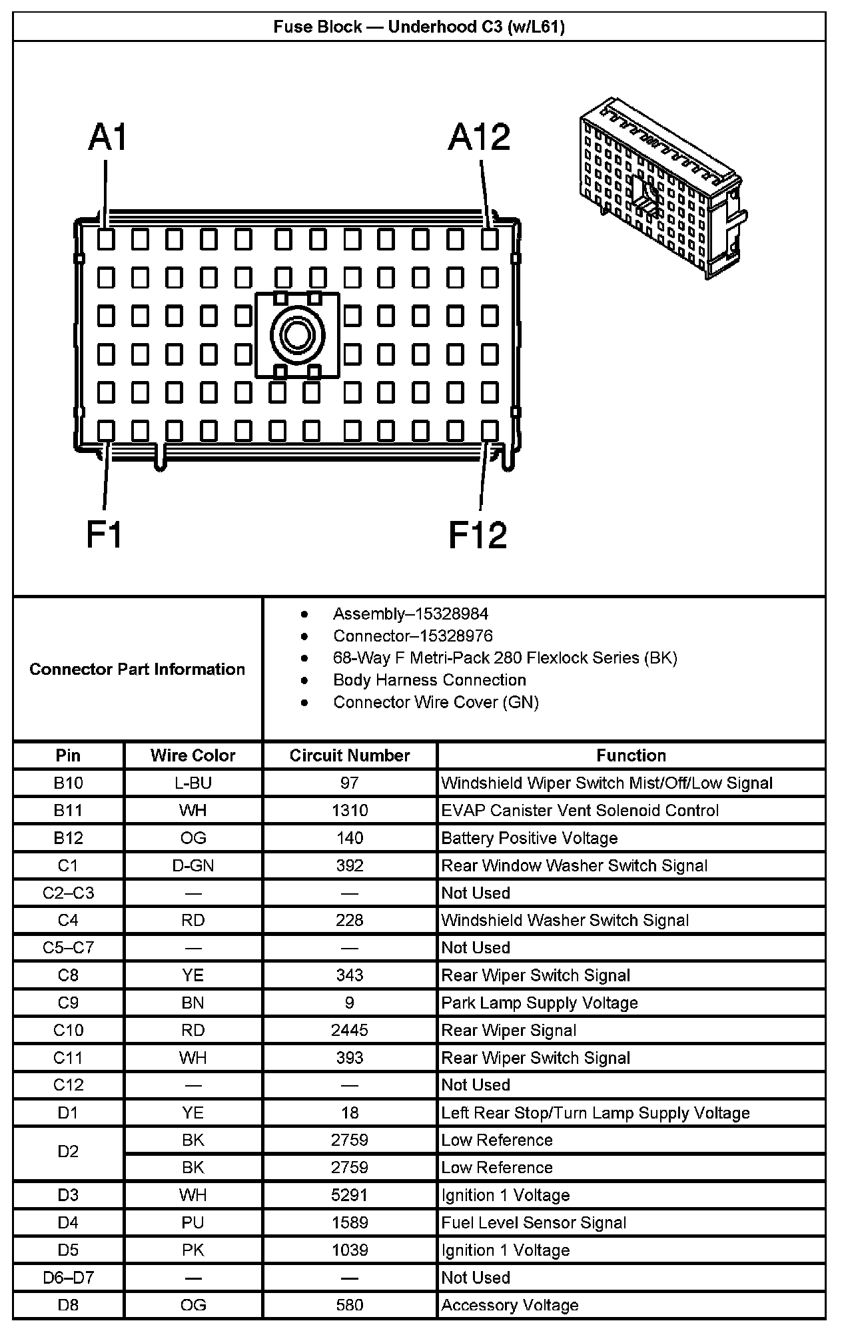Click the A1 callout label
(x=108, y=137)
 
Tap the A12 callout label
(x=479, y=137)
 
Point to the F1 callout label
(x=105, y=534)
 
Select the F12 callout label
(x=478, y=534)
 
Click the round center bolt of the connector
(x=297, y=334)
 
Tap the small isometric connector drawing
(x=662, y=188)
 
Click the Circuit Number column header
(x=350, y=755)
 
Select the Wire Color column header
(x=193, y=755)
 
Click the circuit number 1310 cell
(x=350, y=811)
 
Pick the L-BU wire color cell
(x=193, y=783)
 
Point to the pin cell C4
(x=68, y=921)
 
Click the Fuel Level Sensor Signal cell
(x=534, y=1223)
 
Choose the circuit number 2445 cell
(x=350, y=1031)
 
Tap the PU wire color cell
(x=193, y=1223)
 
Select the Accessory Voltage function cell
(x=510, y=1306)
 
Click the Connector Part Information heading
(x=137, y=669)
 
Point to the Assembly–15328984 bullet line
(x=410, y=614)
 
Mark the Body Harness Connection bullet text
(x=430, y=680)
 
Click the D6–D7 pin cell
(x=68, y=1278)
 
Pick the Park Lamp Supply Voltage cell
(x=540, y=1003)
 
